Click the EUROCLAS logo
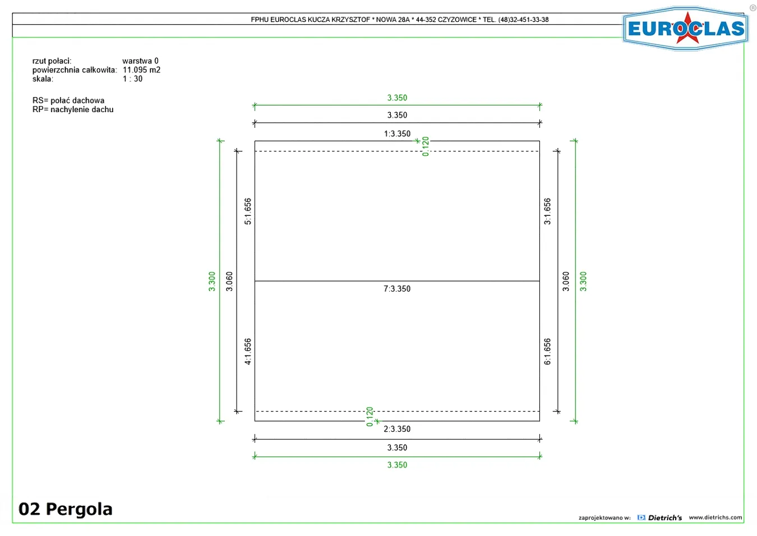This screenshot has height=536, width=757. point(685,29)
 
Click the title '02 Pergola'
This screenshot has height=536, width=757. point(65,509)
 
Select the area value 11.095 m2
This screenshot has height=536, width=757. point(142,70)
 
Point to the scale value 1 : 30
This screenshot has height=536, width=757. point(132,78)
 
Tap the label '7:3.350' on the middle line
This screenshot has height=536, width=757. point(397,289)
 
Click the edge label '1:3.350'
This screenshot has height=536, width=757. point(397,134)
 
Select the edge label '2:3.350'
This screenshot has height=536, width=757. point(397,429)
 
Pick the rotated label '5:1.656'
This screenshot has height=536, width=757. point(248,211)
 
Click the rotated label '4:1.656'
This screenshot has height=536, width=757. point(248,352)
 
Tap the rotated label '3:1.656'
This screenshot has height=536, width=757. point(547,211)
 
